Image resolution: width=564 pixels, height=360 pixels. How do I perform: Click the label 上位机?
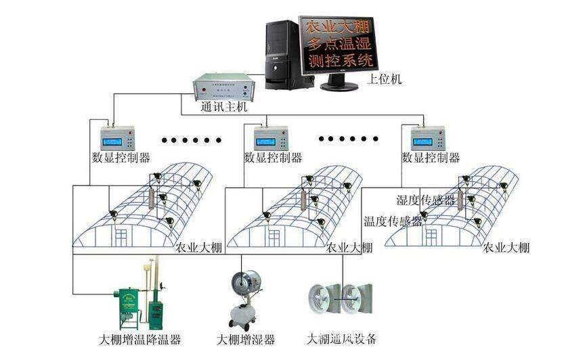(x=385, y=79)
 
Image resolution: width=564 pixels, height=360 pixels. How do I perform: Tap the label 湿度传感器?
(x=425, y=200)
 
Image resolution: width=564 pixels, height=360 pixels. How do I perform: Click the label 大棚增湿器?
(x=245, y=339)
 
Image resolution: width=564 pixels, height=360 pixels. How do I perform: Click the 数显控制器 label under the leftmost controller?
(x=121, y=158)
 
